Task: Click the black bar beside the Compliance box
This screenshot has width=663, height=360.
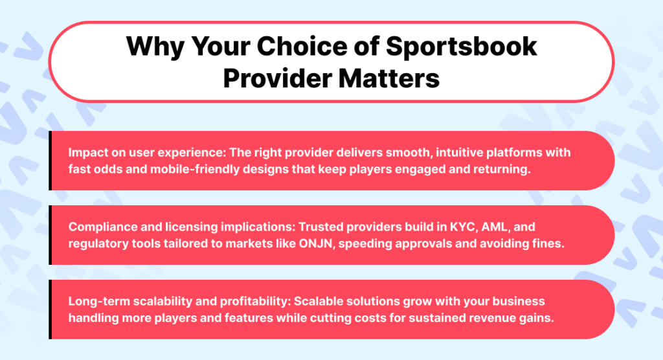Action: pyautogui.click(x=50, y=235)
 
